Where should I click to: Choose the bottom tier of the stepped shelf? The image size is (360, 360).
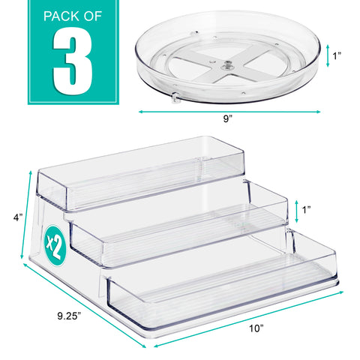click(x=225, y=289)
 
